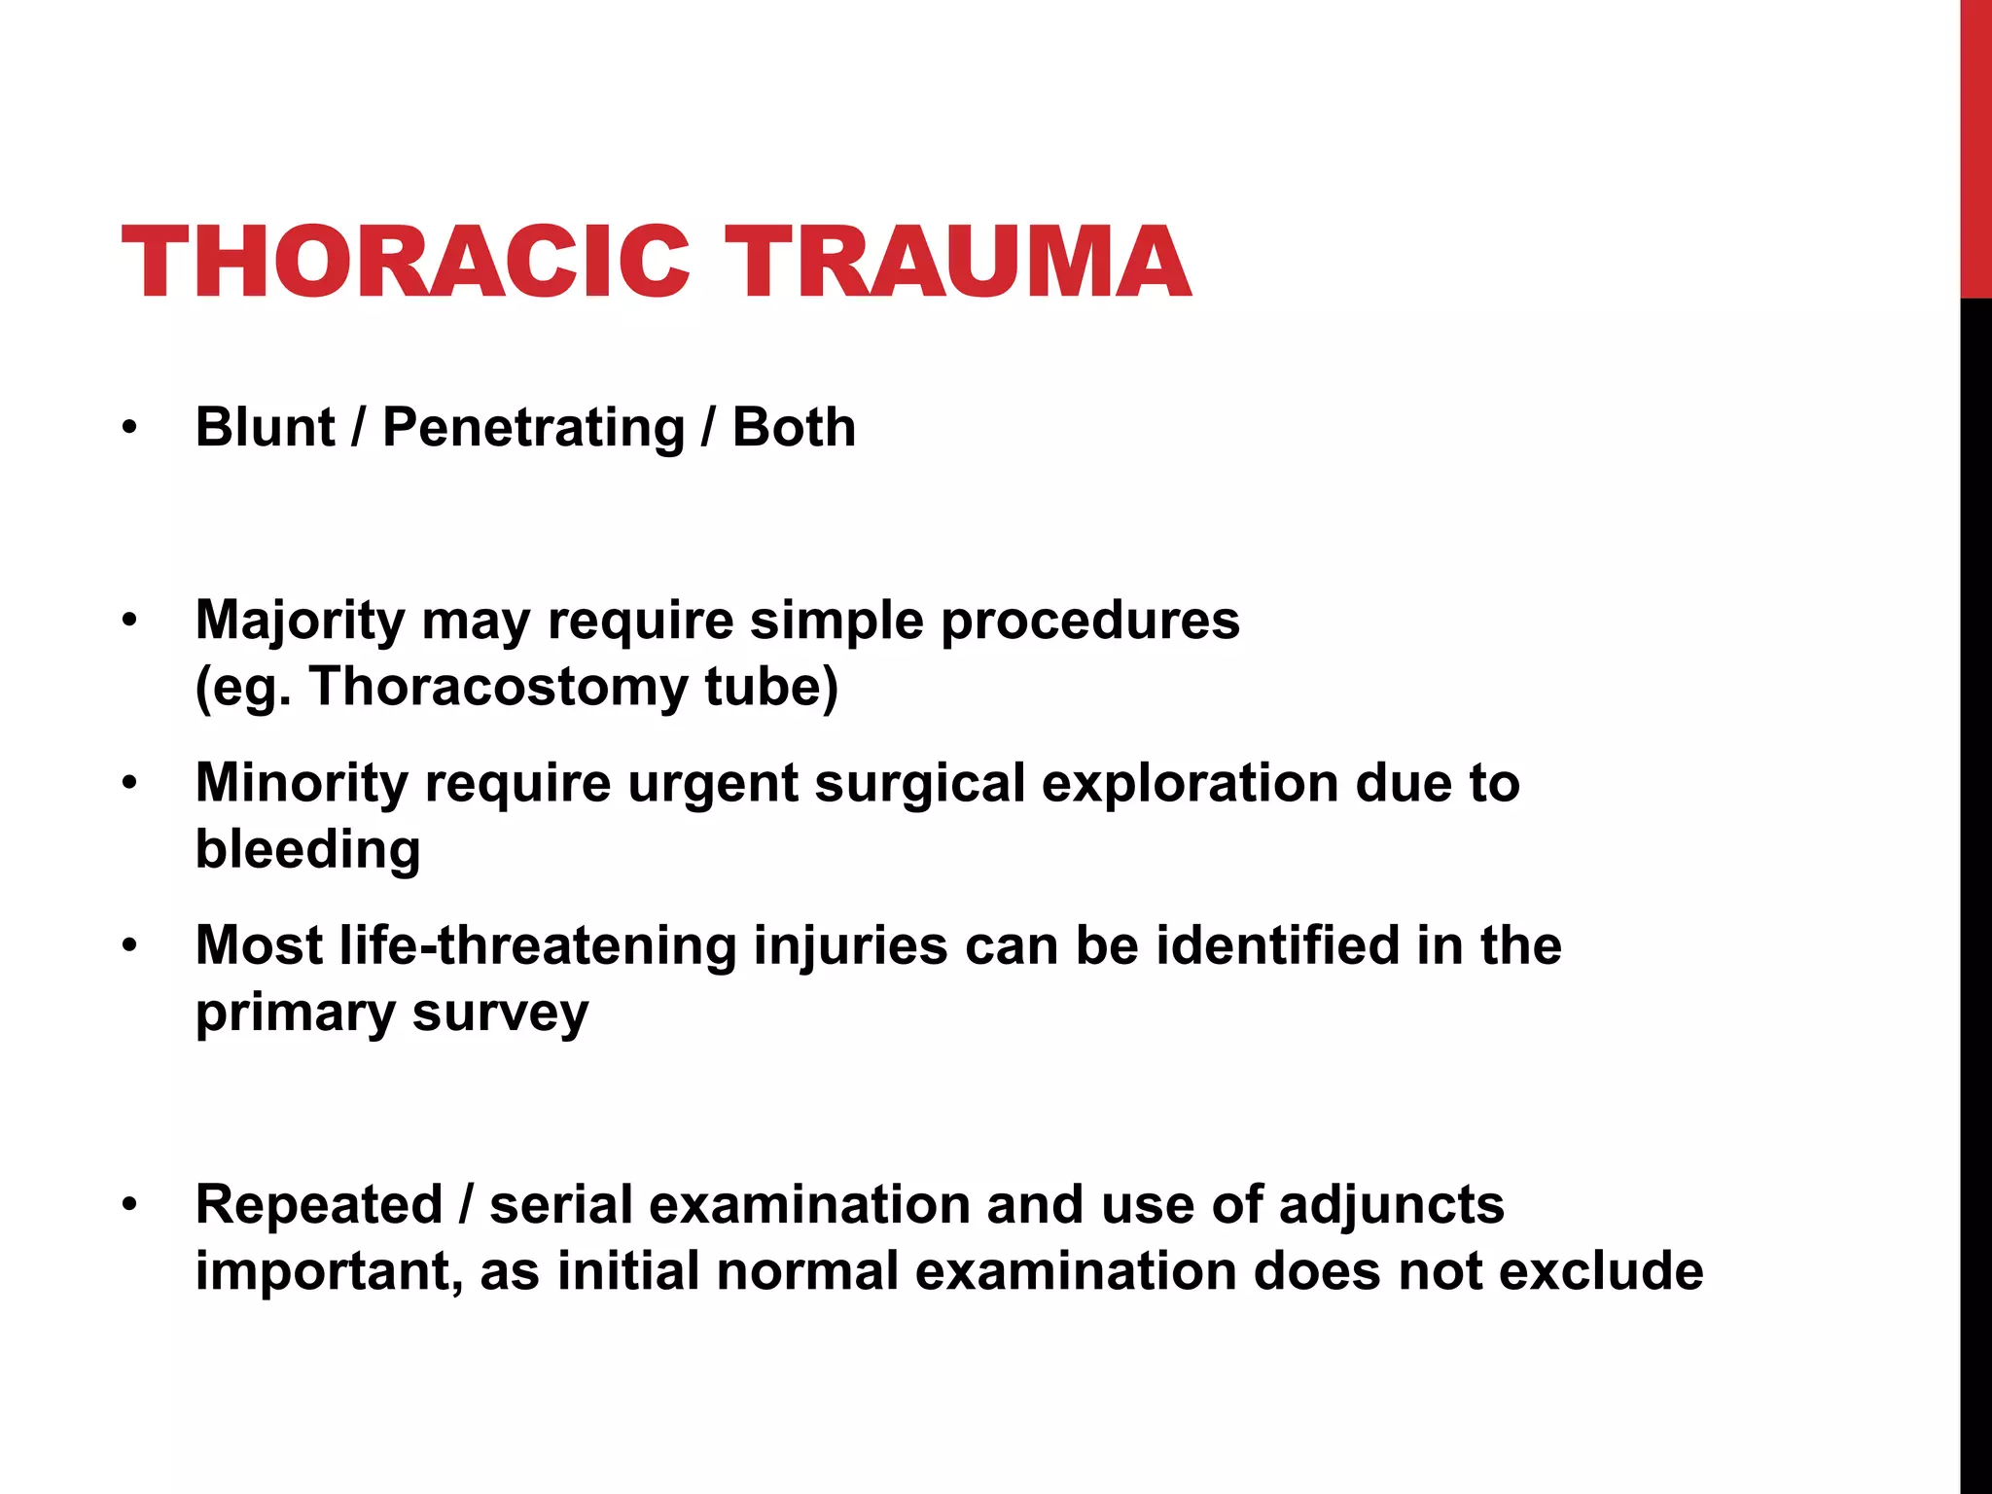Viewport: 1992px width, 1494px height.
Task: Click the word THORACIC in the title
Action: pyautogui.click(x=405, y=263)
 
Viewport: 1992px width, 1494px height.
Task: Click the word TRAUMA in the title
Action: pyautogui.click(x=957, y=263)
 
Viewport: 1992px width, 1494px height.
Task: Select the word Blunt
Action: pyautogui.click(x=265, y=427)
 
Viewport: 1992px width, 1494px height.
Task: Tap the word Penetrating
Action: pyautogui.click(x=534, y=427)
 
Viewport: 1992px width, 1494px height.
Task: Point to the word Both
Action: pyautogui.click(x=794, y=427)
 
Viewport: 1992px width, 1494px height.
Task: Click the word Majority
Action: pyautogui.click(x=300, y=621)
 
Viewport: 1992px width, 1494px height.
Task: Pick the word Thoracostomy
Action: pyautogui.click(x=498, y=686)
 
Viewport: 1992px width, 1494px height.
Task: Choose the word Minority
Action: pyautogui.click(x=302, y=783)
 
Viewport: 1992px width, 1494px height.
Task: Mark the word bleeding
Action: pyautogui.click(x=307, y=849)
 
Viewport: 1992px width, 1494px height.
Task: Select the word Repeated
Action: pyautogui.click(x=319, y=1204)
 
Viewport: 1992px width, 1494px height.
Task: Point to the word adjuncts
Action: pyautogui.click(x=1391, y=1204)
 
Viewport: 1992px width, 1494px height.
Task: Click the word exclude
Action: pyautogui.click(x=1600, y=1270)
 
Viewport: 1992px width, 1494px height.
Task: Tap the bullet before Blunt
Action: pyautogui.click(x=130, y=428)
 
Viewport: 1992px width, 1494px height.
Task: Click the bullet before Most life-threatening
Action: pyautogui.click(x=130, y=946)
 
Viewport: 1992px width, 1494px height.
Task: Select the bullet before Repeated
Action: pyautogui.click(x=130, y=1205)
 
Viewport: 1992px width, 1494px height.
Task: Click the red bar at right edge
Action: pyautogui.click(x=1975, y=146)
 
